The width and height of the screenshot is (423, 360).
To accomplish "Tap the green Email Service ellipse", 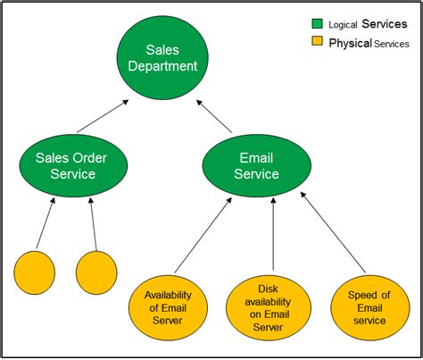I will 256,165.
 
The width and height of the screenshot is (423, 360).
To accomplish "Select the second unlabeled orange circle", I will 97,273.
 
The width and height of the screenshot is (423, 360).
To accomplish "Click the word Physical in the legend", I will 348,43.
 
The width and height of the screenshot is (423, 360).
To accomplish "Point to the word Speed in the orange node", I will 356,295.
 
